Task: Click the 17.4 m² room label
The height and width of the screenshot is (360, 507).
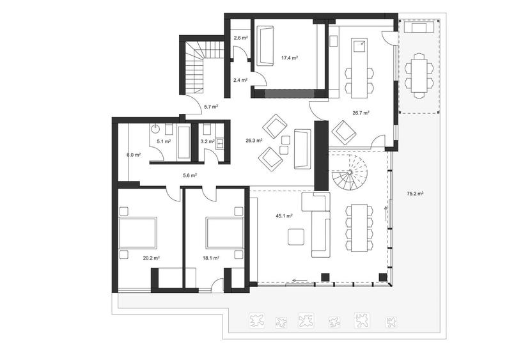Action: [x=290, y=58]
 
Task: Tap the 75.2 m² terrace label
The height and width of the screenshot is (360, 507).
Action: [x=415, y=193]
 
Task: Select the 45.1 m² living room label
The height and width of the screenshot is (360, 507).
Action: [x=284, y=216]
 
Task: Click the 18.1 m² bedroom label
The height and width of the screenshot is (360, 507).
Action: [x=211, y=258]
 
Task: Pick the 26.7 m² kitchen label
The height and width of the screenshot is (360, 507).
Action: [x=361, y=113]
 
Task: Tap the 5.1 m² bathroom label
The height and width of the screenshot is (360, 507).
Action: [x=164, y=141]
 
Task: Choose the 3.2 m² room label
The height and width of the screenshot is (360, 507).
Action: [x=207, y=141]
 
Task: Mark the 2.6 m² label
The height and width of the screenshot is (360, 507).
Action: [x=240, y=38]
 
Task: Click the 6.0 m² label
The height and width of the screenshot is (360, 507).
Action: [x=133, y=155]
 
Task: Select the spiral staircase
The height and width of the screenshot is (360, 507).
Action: [x=348, y=176]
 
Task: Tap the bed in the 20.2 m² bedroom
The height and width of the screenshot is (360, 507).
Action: [x=138, y=234]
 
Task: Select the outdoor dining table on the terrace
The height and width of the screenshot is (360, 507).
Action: [x=419, y=74]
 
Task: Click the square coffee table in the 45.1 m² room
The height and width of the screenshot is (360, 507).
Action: [x=295, y=237]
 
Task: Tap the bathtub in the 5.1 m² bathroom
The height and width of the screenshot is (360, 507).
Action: [x=184, y=142]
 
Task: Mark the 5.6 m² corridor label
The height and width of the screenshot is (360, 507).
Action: [x=189, y=175]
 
